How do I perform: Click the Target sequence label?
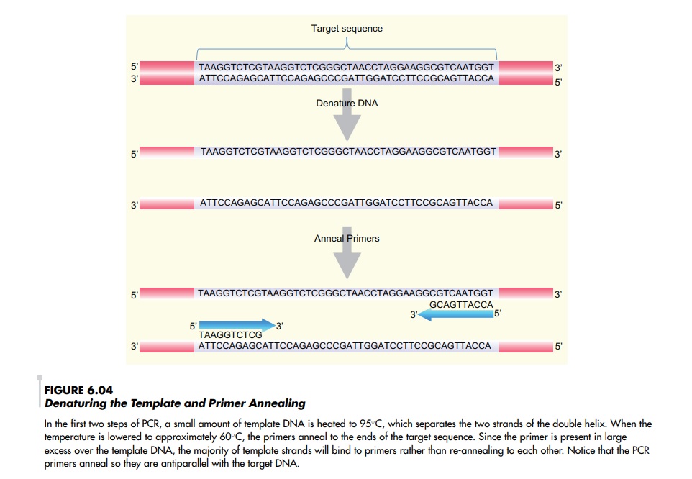point(347,29)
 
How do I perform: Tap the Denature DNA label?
point(347,104)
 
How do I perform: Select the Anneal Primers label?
point(347,238)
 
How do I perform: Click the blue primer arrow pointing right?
point(237,326)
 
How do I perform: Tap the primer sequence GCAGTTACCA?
point(461,304)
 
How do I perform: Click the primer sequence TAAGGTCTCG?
point(229,335)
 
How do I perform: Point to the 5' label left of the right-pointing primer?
point(192,326)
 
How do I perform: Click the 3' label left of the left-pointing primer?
point(414,315)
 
